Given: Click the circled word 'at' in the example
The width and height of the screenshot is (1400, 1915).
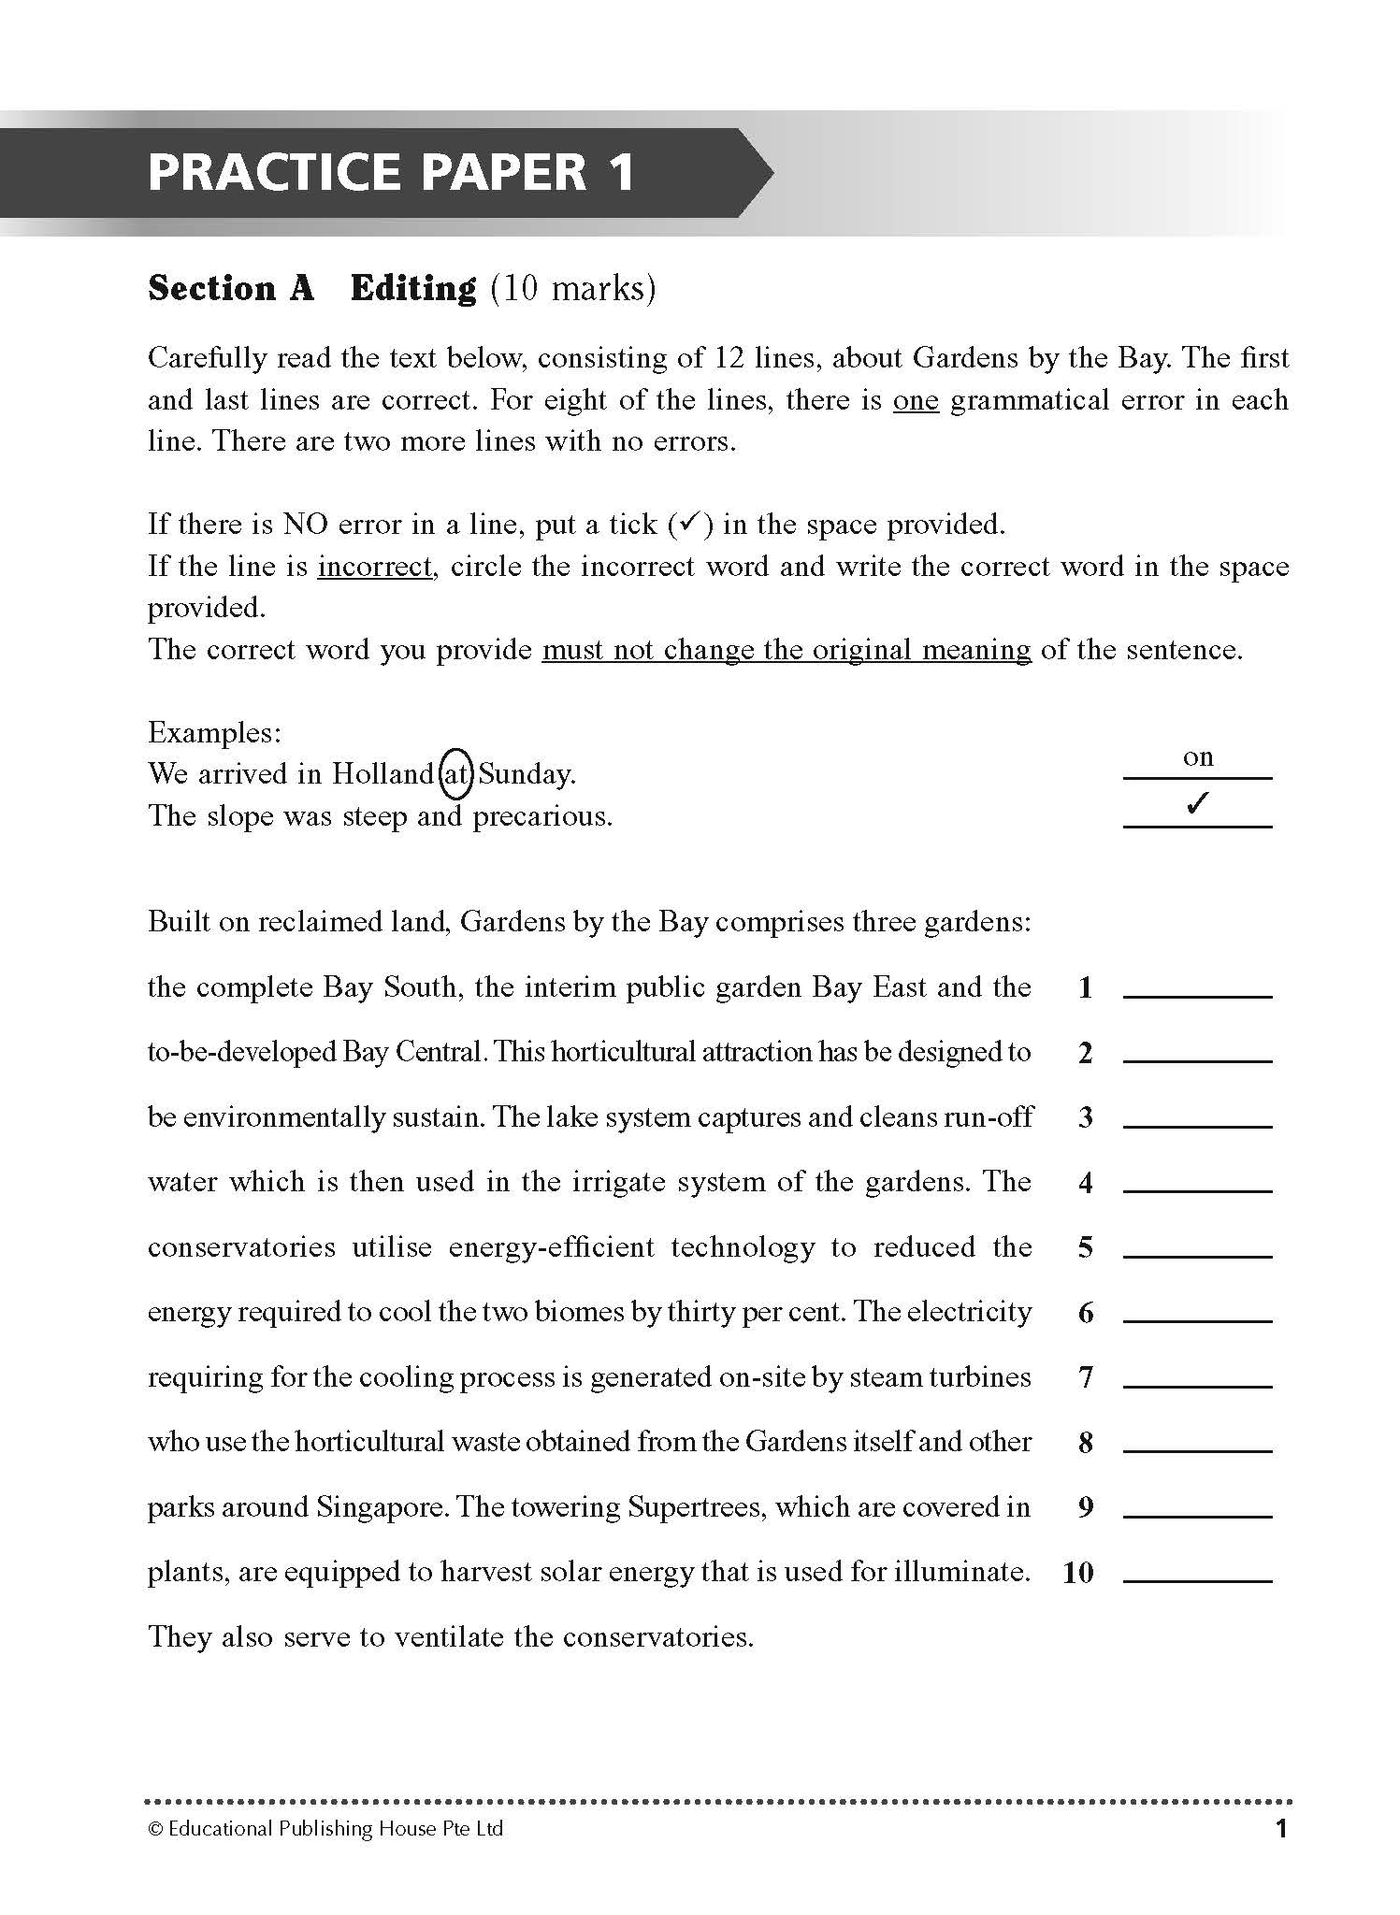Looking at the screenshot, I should [x=455, y=774].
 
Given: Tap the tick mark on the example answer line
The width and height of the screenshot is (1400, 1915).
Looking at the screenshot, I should [x=1196, y=804].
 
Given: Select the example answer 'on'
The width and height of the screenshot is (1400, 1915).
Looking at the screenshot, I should [x=1198, y=756].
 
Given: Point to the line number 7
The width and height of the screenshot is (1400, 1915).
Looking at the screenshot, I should [x=1086, y=1377].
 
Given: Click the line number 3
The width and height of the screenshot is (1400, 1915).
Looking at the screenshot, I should [x=1086, y=1117].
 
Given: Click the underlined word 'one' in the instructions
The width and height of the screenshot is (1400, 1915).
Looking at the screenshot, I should [x=916, y=400].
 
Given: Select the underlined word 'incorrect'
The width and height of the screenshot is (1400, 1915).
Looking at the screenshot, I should [x=375, y=567].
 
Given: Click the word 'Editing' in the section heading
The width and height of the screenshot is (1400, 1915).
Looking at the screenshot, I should [x=413, y=288].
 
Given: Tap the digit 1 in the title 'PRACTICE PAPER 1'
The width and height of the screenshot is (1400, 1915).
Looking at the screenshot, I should [x=618, y=172].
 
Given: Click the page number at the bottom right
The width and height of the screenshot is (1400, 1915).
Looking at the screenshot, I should [x=1281, y=1828].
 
